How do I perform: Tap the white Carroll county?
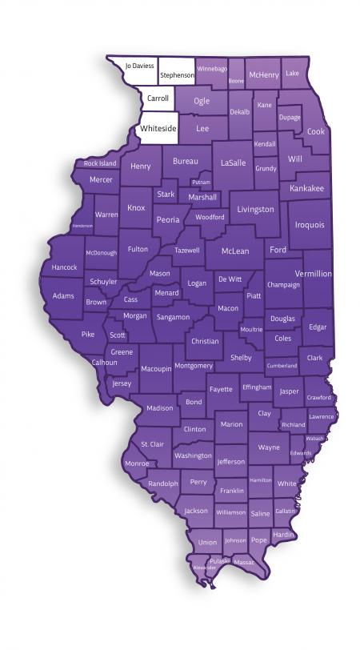(x=157, y=99)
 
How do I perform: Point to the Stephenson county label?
(x=177, y=75)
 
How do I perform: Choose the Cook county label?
(x=316, y=131)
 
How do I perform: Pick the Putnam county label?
(x=202, y=183)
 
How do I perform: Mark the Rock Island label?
(x=100, y=164)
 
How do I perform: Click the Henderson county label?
(x=82, y=226)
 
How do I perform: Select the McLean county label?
(x=235, y=251)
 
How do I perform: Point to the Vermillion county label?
(x=313, y=274)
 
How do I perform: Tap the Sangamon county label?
(x=173, y=317)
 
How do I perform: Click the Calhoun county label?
(x=104, y=363)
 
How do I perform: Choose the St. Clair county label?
(x=152, y=443)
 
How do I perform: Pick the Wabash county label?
(x=315, y=439)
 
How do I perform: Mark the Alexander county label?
(x=204, y=568)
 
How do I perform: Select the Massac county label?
(x=244, y=562)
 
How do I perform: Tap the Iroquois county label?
(x=310, y=226)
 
